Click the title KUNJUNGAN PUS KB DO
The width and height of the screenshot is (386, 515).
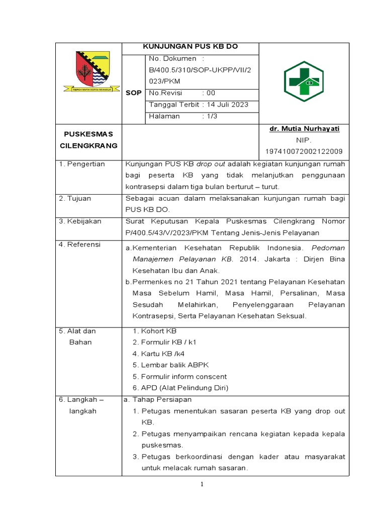(x=190, y=47)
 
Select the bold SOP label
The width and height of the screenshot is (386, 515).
(x=134, y=93)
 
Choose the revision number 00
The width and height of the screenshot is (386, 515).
(x=211, y=93)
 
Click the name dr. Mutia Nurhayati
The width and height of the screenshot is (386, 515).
(x=305, y=129)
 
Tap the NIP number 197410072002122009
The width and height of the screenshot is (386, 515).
(x=304, y=151)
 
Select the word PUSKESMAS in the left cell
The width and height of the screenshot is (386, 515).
(x=88, y=134)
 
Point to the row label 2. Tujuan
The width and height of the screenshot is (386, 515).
(x=75, y=198)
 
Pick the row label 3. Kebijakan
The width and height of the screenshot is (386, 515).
(x=80, y=221)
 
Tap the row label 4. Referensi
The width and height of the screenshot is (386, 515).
(x=80, y=244)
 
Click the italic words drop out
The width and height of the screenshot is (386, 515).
(x=211, y=164)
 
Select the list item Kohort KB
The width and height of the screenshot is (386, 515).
(x=159, y=331)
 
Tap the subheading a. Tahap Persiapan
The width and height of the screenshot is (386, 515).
(x=157, y=399)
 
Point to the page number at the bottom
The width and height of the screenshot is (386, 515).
(x=202, y=484)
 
